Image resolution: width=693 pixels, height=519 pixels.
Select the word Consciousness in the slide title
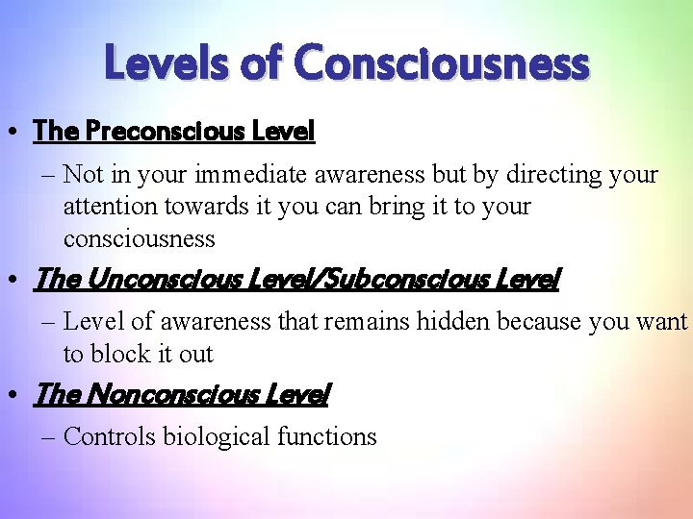pos(441,62)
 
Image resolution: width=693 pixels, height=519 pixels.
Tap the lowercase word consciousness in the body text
pos(139,238)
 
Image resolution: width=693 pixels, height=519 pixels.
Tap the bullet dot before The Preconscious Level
pos(16,132)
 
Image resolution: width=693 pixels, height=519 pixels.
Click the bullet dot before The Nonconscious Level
pos(16,395)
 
